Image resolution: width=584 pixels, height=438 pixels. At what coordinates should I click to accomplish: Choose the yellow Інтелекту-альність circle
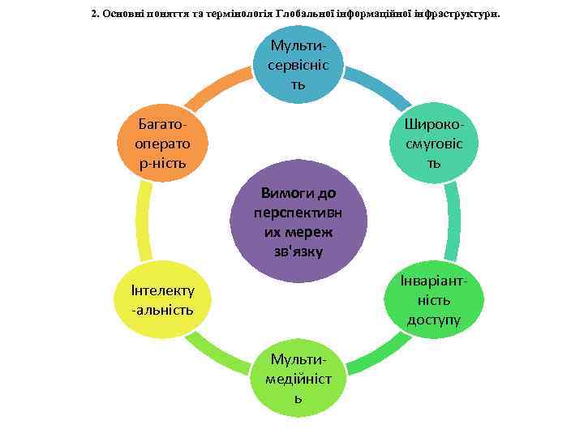pos(162,299)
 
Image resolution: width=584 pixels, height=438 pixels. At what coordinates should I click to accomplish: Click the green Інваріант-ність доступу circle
pos(434,299)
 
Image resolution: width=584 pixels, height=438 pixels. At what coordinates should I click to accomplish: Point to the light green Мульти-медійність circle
pos(298,376)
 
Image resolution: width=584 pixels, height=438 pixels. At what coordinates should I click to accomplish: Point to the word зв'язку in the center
pos(298,251)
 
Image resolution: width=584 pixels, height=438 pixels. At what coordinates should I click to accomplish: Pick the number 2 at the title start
pos(94,14)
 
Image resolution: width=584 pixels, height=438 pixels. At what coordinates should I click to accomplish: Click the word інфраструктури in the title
pos(451,14)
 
